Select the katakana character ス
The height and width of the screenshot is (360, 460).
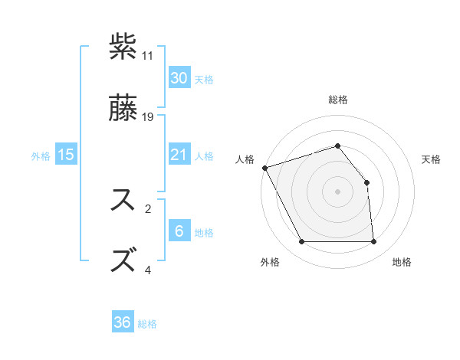click(124, 200)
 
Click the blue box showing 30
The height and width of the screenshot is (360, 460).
click(179, 78)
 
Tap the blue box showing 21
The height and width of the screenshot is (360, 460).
click(179, 155)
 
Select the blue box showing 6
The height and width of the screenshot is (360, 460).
click(179, 231)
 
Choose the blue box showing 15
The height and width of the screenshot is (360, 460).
click(66, 155)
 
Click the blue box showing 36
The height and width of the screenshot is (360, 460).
click(123, 322)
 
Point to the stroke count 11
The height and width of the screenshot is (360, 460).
click(148, 56)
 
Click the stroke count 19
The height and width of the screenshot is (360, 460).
click(148, 117)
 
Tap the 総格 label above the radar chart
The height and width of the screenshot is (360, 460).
click(338, 100)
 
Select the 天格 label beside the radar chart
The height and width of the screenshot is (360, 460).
click(432, 159)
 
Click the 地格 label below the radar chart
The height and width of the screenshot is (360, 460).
click(402, 262)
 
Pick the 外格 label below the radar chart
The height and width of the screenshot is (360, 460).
click(270, 262)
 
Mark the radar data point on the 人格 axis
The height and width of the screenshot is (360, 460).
click(264, 168)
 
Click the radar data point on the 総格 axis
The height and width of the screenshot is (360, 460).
click(337, 146)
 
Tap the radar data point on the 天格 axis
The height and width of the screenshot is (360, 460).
click(366, 182)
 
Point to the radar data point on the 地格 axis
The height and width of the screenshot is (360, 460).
click(373, 242)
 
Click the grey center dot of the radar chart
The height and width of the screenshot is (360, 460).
click(337, 191)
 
